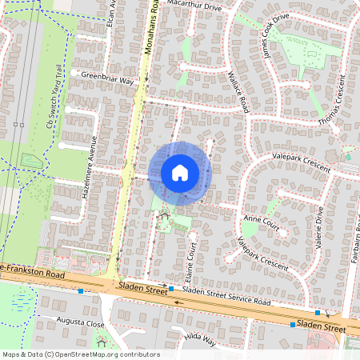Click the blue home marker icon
click(x=180, y=172)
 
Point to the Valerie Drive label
click(x=318, y=229)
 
